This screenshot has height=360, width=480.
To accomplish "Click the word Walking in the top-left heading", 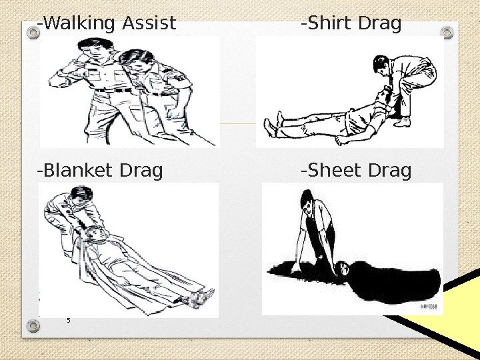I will click(79, 24).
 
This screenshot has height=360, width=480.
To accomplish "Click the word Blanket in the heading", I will click(75, 171).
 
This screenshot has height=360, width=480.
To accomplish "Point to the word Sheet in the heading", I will click(328, 171).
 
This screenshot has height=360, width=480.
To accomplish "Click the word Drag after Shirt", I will click(380, 24).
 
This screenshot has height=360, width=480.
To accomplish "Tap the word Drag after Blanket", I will click(139, 171).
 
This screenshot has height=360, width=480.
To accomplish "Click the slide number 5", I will click(68, 321).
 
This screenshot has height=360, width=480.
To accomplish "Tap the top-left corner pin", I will click(31, 31).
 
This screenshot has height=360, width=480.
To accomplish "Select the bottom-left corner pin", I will click(31, 325).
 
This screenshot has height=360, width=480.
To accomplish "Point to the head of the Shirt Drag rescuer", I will click(380, 65).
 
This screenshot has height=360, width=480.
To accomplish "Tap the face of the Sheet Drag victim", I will click(342, 268).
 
